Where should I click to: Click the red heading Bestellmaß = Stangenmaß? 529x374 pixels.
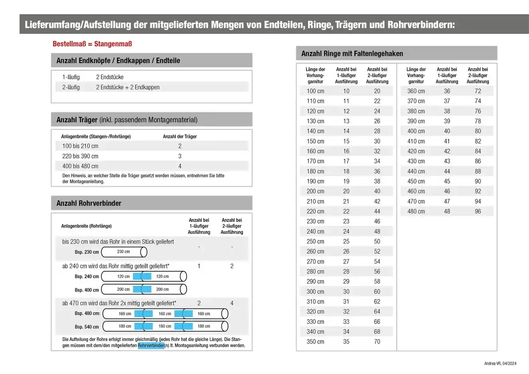coord(92,44)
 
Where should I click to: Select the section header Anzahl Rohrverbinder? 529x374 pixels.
coord(89,203)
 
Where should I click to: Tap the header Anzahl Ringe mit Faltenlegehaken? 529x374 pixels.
coord(352,53)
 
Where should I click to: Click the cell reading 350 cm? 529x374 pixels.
coord(315,341)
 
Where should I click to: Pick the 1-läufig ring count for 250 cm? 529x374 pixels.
coord(346,241)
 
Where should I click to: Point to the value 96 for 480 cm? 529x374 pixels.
coord(478,211)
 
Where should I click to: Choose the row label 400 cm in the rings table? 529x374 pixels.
coord(416,131)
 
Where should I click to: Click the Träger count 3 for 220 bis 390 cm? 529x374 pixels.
coord(180,156)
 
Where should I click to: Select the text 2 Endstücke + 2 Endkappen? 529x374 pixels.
coord(128,87)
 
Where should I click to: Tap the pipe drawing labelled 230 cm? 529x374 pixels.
coord(124,252)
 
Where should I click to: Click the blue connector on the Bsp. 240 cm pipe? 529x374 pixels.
coord(142,277)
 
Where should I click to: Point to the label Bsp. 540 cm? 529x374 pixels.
coord(87,327)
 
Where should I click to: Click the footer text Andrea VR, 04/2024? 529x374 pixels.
coord(500,363)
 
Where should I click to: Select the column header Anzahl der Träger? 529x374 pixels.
coord(180,137)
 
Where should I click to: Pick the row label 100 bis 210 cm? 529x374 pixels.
coord(80,146)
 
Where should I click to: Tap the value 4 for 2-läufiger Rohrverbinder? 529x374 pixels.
coord(232,303)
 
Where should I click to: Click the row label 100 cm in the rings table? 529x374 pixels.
coord(315,91)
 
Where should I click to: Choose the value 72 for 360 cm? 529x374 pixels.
coord(478,91)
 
